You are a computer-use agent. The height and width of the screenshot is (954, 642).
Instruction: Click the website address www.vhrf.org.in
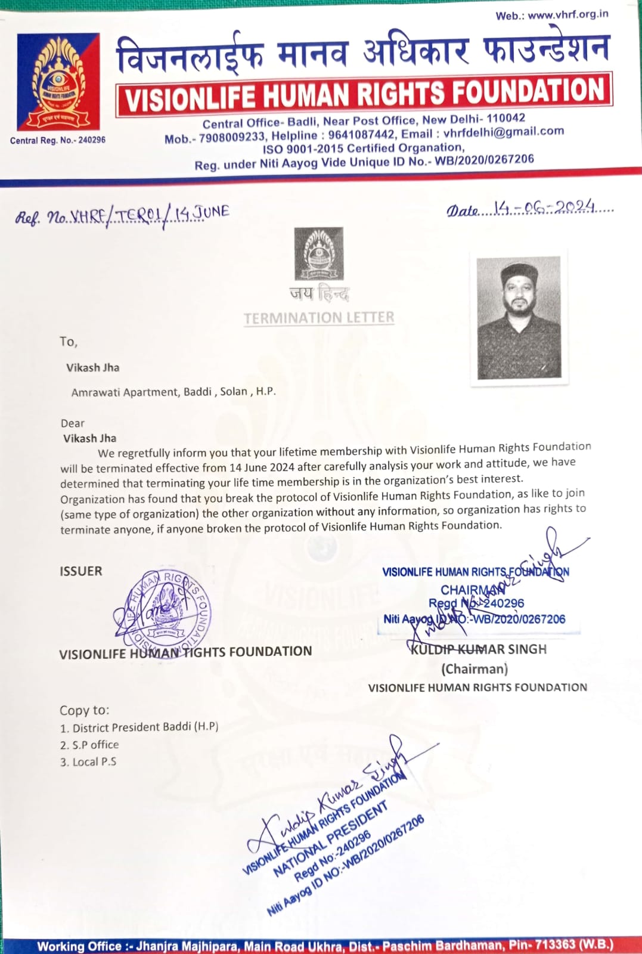coord(568,14)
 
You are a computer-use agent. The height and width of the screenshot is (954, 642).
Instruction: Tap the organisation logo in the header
coord(58,82)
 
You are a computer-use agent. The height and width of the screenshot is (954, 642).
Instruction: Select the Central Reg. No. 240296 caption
coord(58,140)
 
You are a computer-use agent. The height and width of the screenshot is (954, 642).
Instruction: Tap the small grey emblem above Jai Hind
coord(319,253)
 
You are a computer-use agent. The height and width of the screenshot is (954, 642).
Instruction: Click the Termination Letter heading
coord(319,318)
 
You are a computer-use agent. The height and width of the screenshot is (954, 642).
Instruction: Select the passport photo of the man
coord(519,317)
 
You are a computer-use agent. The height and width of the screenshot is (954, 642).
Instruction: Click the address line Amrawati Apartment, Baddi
coord(173,392)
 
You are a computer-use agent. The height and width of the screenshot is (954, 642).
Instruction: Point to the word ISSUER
coord(81,571)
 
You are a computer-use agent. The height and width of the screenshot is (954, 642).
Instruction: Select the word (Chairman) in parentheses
coord(474,669)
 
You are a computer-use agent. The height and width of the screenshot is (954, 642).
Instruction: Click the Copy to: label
coord(85,710)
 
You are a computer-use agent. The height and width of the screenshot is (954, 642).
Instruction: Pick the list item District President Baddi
coord(139,727)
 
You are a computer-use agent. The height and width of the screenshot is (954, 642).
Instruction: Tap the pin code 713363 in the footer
coord(554,945)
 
